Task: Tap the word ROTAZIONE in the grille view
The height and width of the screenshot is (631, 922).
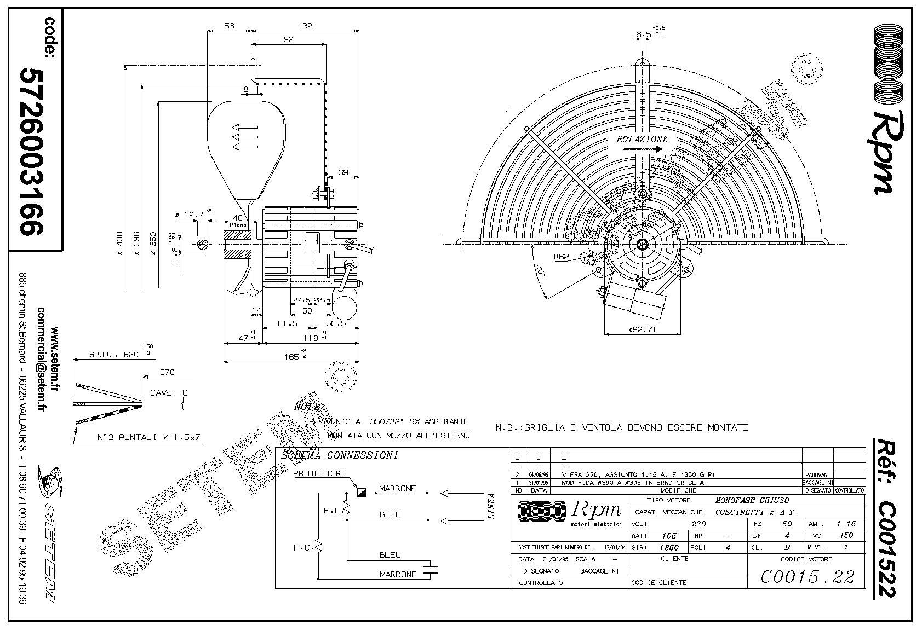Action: [x=642, y=139]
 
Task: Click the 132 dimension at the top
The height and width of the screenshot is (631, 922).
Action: [x=305, y=25]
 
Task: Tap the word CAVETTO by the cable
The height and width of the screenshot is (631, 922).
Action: [x=169, y=392]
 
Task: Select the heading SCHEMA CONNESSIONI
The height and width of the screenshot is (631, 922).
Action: [x=339, y=455]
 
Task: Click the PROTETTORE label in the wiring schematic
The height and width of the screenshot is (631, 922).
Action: [x=319, y=473]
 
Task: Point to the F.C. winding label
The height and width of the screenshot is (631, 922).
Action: [x=302, y=547]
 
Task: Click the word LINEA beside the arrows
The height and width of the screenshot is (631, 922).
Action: [x=491, y=506]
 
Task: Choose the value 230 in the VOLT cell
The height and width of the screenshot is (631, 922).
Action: [x=698, y=524]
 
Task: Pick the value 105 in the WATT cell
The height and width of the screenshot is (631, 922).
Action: [x=669, y=536]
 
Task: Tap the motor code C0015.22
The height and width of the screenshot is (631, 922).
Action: [x=807, y=576]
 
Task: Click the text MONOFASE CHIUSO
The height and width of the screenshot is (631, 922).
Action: [x=752, y=500]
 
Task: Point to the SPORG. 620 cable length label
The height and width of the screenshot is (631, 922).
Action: [x=114, y=355]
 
